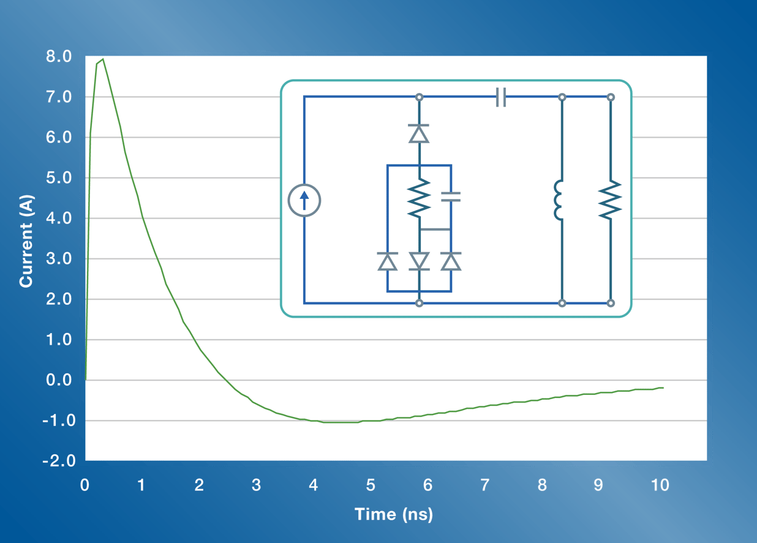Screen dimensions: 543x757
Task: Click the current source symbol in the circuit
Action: click(304, 201)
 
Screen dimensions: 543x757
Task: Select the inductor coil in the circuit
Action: click(559, 200)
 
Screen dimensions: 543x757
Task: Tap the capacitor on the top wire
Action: click(501, 97)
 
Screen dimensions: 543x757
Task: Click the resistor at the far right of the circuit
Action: click(611, 200)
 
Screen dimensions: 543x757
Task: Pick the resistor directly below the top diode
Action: click(419, 198)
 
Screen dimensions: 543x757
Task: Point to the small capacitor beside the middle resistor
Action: click(451, 197)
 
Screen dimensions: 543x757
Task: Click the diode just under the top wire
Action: click(419, 133)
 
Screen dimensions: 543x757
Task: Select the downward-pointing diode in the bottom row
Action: click(419, 261)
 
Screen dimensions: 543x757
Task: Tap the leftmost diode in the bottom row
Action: click(387, 261)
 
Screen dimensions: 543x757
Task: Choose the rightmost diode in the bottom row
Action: click(451, 261)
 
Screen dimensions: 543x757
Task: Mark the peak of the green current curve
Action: click(103, 59)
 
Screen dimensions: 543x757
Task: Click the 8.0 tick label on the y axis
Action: click(59, 57)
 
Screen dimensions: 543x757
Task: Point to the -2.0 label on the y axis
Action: click(58, 460)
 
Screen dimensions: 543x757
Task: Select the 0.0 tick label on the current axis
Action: click(59, 380)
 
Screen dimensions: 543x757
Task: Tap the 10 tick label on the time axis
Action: click(660, 485)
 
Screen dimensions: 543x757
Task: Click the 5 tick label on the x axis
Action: click(371, 485)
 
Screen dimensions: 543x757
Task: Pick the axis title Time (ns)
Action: click(393, 514)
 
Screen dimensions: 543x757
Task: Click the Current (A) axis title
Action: click(26, 241)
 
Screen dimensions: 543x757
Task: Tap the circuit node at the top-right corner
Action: click(611, 97)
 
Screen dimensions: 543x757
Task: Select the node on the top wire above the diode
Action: click(419, 97)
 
